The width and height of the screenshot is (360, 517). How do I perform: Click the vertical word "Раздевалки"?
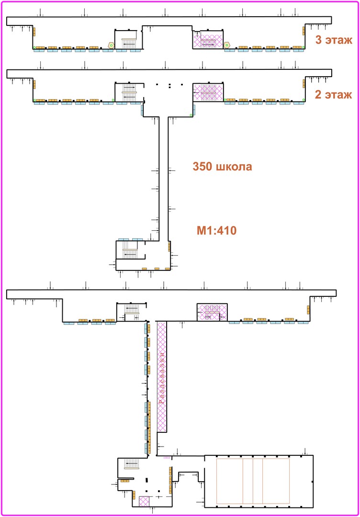click(161, 378)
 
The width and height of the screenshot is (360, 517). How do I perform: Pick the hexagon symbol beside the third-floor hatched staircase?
click(227, 45)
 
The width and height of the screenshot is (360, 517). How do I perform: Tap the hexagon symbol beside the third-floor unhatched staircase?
click(112, 45)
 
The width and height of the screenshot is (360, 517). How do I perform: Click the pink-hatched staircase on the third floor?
click(208, 41)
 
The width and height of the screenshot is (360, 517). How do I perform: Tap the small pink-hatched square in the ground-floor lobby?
click(144, 501)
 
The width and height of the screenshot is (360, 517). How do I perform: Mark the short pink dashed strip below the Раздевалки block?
click(168, 458)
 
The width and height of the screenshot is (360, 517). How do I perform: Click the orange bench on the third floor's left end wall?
click(34, 31)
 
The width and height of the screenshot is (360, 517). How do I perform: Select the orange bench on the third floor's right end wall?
click(304, 31)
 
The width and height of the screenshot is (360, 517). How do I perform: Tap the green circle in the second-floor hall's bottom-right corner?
click(191, 115)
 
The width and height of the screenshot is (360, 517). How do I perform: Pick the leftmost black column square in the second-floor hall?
click(157, 84)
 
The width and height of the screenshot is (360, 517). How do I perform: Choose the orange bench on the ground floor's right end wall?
click(309, 310)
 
